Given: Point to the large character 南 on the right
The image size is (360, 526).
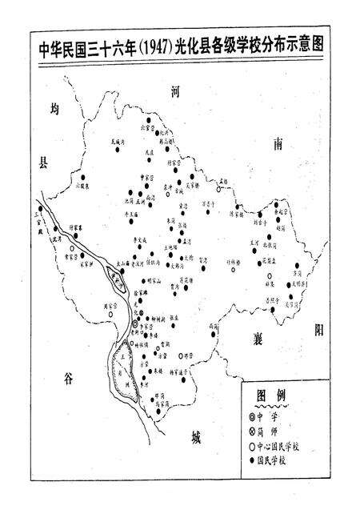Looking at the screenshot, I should coord(278,144).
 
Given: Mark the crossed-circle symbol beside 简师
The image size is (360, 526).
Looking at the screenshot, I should coord(250,430).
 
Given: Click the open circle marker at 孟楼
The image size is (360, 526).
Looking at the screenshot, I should coord(225,188).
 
